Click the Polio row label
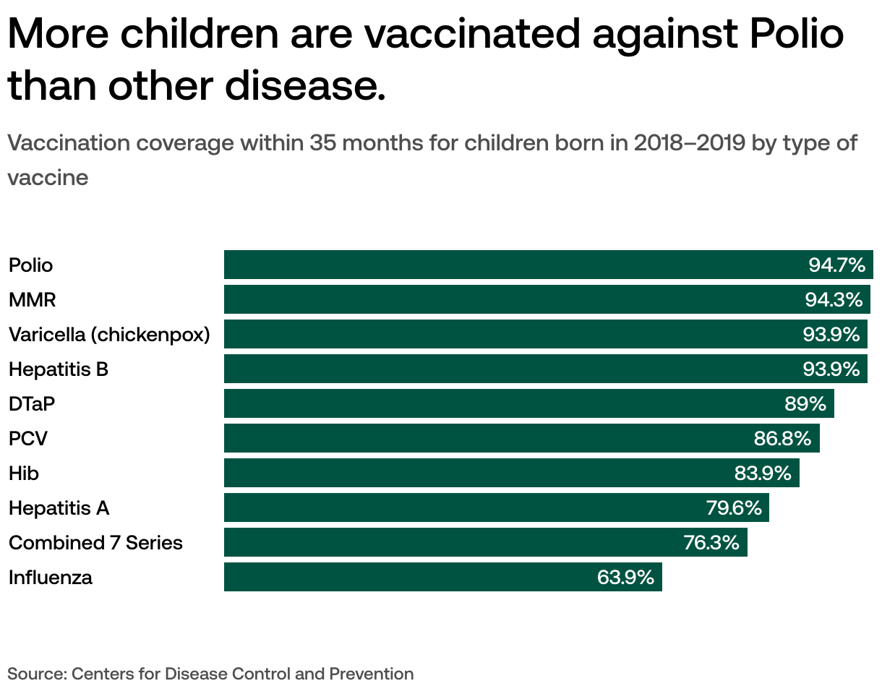(x=30, y=265)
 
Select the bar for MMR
(x=506, y=299)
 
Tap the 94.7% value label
(x=836, y=265)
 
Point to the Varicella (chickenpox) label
(x=109, y=335)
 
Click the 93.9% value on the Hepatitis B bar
(x=831, y=369)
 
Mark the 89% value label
(x=805, y=403)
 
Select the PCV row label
(x=28, y=438)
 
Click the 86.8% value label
(x=782, y=438)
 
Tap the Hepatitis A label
(x=59, y=508)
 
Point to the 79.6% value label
(x=734, y=508)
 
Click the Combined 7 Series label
(x=95, y=543)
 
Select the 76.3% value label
(x=711, y=543)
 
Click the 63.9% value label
(x=625, y=578)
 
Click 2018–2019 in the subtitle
(x=689, y=143)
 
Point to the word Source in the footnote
(x=35, y=674)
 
